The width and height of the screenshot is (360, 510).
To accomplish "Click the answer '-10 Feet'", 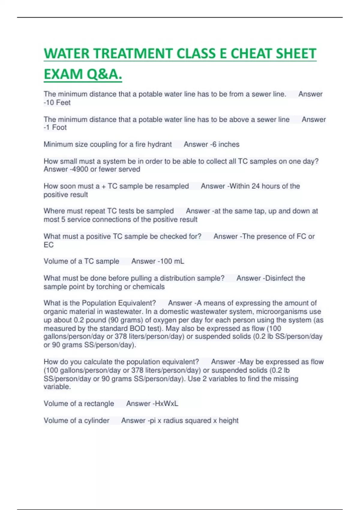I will click(57, 103).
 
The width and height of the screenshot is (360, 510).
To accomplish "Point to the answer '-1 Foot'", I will click(55, 127).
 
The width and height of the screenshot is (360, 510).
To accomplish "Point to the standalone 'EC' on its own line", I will click(49, 245).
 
